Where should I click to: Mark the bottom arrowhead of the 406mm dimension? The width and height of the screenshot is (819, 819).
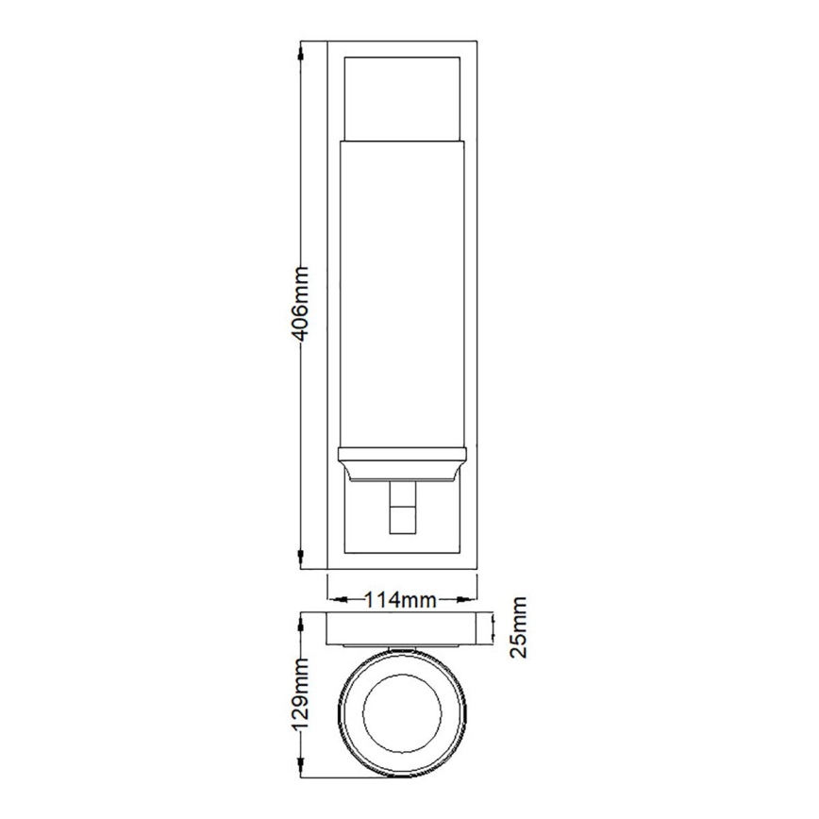pyautogui.click(x=301, y=562)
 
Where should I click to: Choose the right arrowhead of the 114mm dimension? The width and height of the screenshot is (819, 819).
pyautogui.click(x=469, y=599)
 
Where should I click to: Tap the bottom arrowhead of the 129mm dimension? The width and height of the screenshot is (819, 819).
pyautogui.click(x=301, y=768)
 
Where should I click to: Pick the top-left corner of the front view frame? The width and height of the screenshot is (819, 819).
pyautogui.click(x=327, y=42)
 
